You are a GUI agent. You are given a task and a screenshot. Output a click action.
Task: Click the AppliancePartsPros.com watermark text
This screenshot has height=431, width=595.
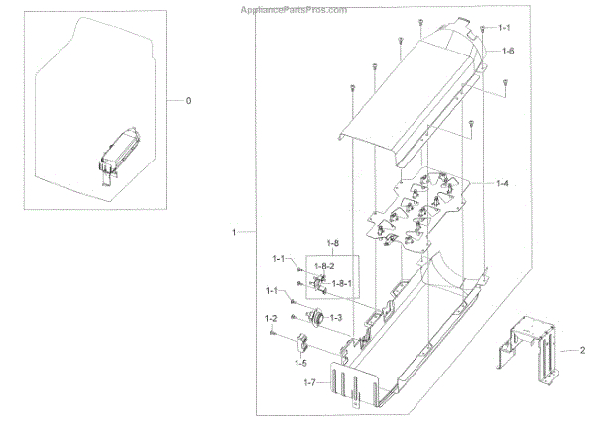pos(295,10)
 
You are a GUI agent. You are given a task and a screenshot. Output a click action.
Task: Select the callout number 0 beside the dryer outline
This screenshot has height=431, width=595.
pos(190,100)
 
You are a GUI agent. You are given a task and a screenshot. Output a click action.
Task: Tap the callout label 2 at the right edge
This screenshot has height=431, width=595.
pos(583,351)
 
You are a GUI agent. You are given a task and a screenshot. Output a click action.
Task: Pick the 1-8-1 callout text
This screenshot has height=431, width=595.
pos(344,283)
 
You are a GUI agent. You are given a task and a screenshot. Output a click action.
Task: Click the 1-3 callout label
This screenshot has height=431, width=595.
pos(335,317)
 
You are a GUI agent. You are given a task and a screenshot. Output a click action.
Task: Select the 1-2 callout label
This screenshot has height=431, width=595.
pos(270,318)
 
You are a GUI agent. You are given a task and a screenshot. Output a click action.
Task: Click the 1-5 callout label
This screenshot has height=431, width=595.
pos(299,364)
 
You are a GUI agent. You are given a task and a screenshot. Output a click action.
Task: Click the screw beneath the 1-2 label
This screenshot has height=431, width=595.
pos(272,333)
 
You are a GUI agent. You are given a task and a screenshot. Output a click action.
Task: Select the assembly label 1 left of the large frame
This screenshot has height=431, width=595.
pos(235,232)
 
